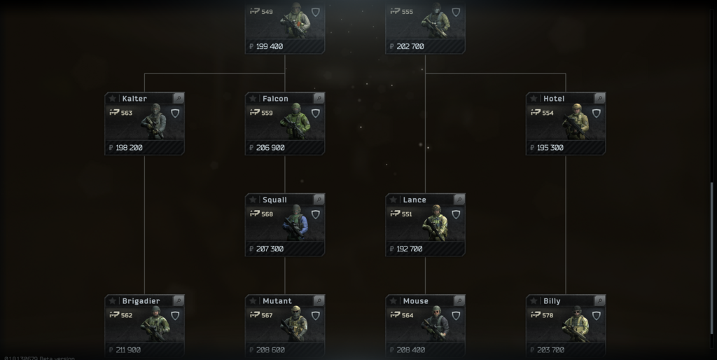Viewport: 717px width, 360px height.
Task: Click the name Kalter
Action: [x=134, y=99]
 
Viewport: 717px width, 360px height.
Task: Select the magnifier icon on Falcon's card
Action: [x=319, y=99]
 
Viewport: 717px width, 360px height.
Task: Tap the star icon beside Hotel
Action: [x=534, y=99]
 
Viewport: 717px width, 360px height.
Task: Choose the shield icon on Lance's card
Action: [x=456, y=214]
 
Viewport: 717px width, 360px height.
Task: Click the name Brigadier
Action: [x=141, y=301]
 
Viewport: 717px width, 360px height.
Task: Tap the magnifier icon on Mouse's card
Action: [x=459, y=301]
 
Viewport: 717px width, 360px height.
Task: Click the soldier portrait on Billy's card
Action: [x=576, y=324]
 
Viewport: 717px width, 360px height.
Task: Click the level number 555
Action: [x=408, y=12]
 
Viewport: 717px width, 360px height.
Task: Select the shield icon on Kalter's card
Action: [x=175, y=113]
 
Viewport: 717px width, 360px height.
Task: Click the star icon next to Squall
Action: [x=253, y=200]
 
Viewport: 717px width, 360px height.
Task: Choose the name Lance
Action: [x=415, y=200]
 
